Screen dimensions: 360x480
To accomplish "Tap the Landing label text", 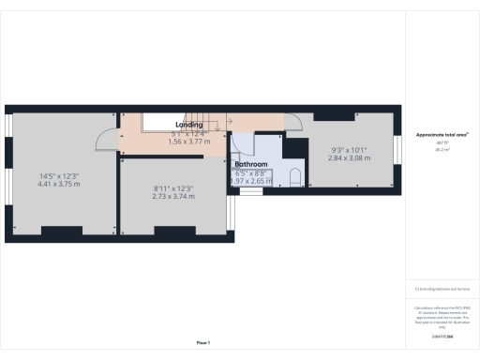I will point(189,125).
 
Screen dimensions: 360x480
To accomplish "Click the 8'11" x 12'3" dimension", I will point(172,188).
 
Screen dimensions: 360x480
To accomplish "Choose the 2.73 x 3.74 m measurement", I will point(172,197).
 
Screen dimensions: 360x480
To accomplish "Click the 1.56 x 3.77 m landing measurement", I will point(189,141).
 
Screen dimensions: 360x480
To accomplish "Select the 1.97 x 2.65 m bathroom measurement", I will point(251,180).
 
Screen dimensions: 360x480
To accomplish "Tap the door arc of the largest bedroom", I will point(104,138).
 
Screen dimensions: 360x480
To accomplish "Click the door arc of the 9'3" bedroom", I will point(292,120).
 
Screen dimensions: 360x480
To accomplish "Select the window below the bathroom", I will point(250,190).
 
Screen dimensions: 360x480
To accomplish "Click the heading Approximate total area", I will point(442,135).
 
